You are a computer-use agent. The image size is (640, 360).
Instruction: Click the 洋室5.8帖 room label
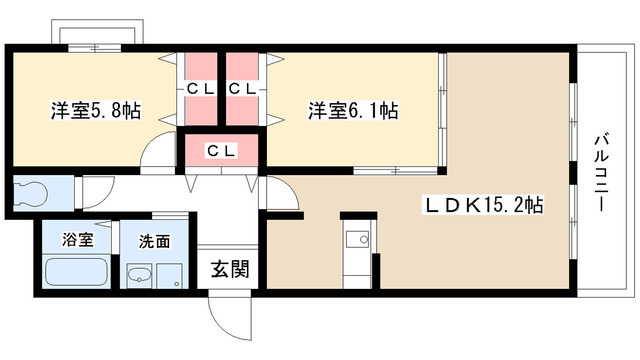[95, 111]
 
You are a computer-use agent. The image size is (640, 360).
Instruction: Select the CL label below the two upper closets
[221, 150]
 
